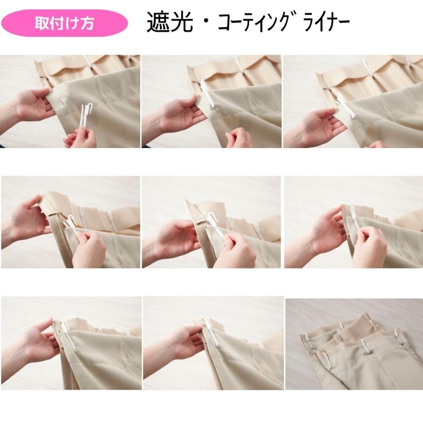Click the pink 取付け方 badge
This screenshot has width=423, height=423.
click(x=64, y=23)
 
